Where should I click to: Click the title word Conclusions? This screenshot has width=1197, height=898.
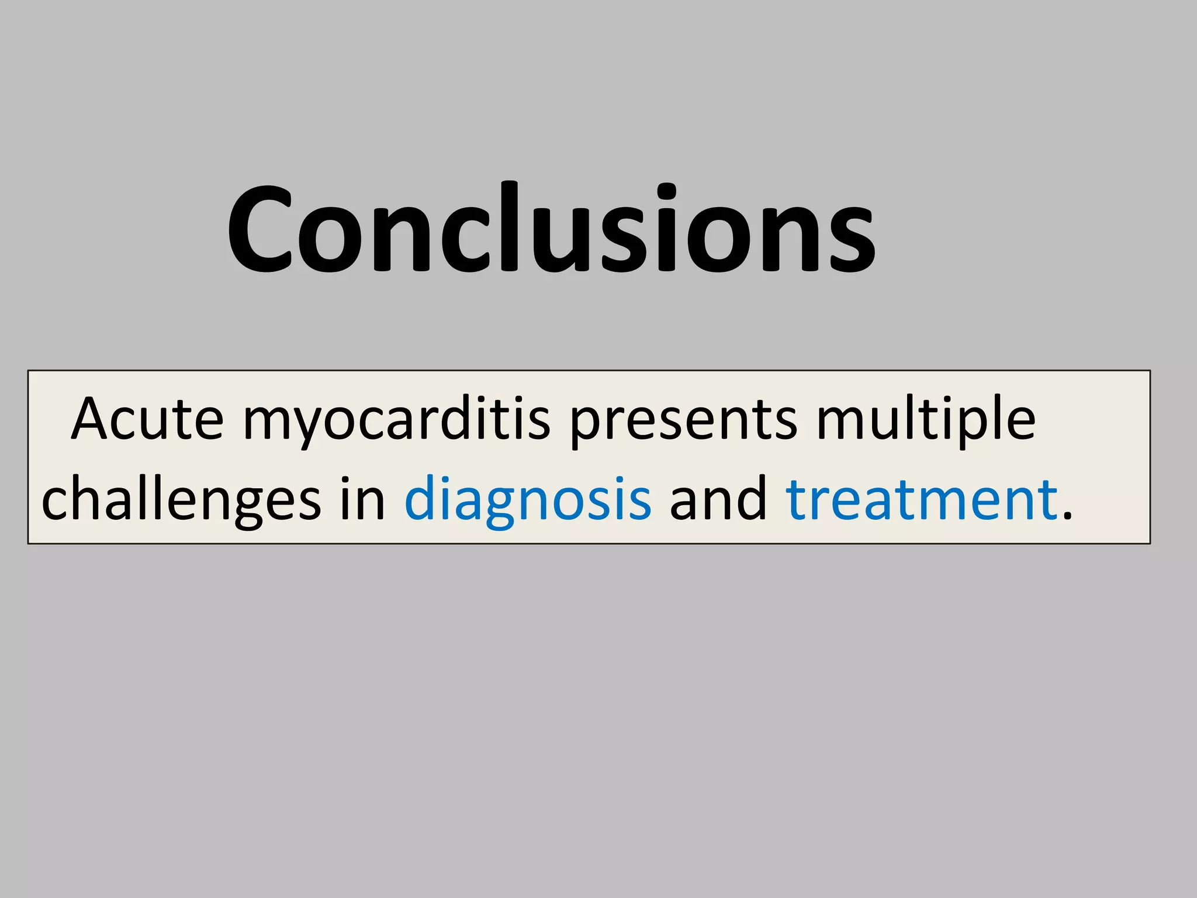coord(551,228)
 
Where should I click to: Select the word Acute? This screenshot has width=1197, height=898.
coord(147,419)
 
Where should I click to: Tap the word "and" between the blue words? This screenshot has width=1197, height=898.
coord(718,499)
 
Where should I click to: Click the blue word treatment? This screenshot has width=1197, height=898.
coord(922,499)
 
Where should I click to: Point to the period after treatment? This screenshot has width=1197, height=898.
coord(1067,515)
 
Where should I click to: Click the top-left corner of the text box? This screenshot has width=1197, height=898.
coord(29,371)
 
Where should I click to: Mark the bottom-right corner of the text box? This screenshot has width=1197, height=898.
coord(1150,543)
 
